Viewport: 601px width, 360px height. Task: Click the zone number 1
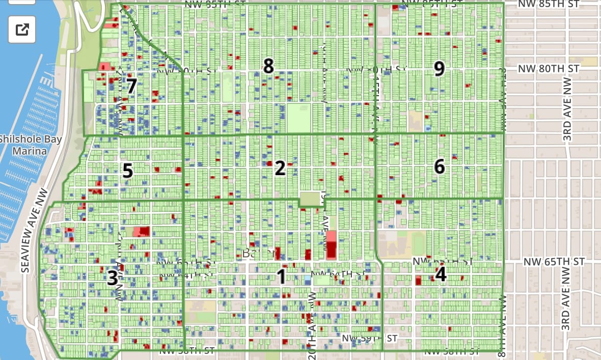[x=281, y=276]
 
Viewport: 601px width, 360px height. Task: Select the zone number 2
[x=280, y=168]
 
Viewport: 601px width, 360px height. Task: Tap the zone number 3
[x=113, y=278]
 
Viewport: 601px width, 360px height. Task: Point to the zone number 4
[x=441, y=274]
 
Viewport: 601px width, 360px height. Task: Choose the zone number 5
[x=128, y=171]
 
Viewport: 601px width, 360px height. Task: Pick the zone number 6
[x=440, y=166]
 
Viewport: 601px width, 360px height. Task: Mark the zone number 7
[x=131, y=87]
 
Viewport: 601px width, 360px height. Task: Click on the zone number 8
[x=268, y=66]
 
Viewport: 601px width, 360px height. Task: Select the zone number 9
[x=440, y=69]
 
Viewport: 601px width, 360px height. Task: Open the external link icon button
[x=22, y=30]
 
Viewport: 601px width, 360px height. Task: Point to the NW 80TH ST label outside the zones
[x=549, y=68]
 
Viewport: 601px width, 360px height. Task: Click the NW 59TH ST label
[x=369, y=339]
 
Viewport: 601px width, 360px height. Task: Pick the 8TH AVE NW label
[x=502, y=326]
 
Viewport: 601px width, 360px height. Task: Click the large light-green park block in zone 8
[x=298, y=118]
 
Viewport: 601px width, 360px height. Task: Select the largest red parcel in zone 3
[x=141, y=232]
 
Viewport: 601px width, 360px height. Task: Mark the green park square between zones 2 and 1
[x=308, y=199]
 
